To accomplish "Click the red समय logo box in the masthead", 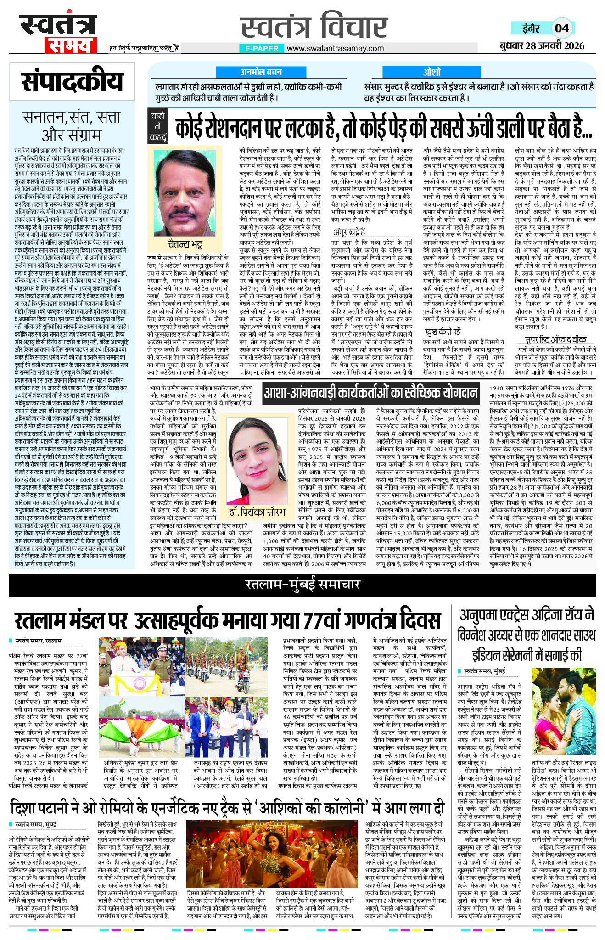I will point(70,45).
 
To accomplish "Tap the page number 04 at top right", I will point(562,28).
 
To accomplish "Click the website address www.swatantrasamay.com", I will point(335,48).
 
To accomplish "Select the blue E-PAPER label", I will point(262,48).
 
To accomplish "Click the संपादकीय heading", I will point(72,82).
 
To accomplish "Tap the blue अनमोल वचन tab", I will point(261,72).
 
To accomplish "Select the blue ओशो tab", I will point(432,72).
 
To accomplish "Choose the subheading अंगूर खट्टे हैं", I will point(349,232).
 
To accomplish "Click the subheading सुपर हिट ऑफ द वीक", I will point(555,339).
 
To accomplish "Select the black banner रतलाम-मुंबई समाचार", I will point(302,584).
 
